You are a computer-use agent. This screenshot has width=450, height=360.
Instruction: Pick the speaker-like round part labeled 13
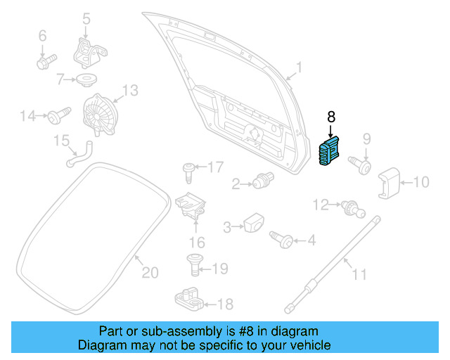click(x=99, y=115)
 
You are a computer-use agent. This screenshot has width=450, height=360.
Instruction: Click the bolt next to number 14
click(x=58, y=114)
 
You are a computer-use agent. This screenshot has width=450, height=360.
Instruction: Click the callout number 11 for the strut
click(x=359, y=274)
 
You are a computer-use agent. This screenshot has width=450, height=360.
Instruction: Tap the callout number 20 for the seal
click(x=150, y=272)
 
